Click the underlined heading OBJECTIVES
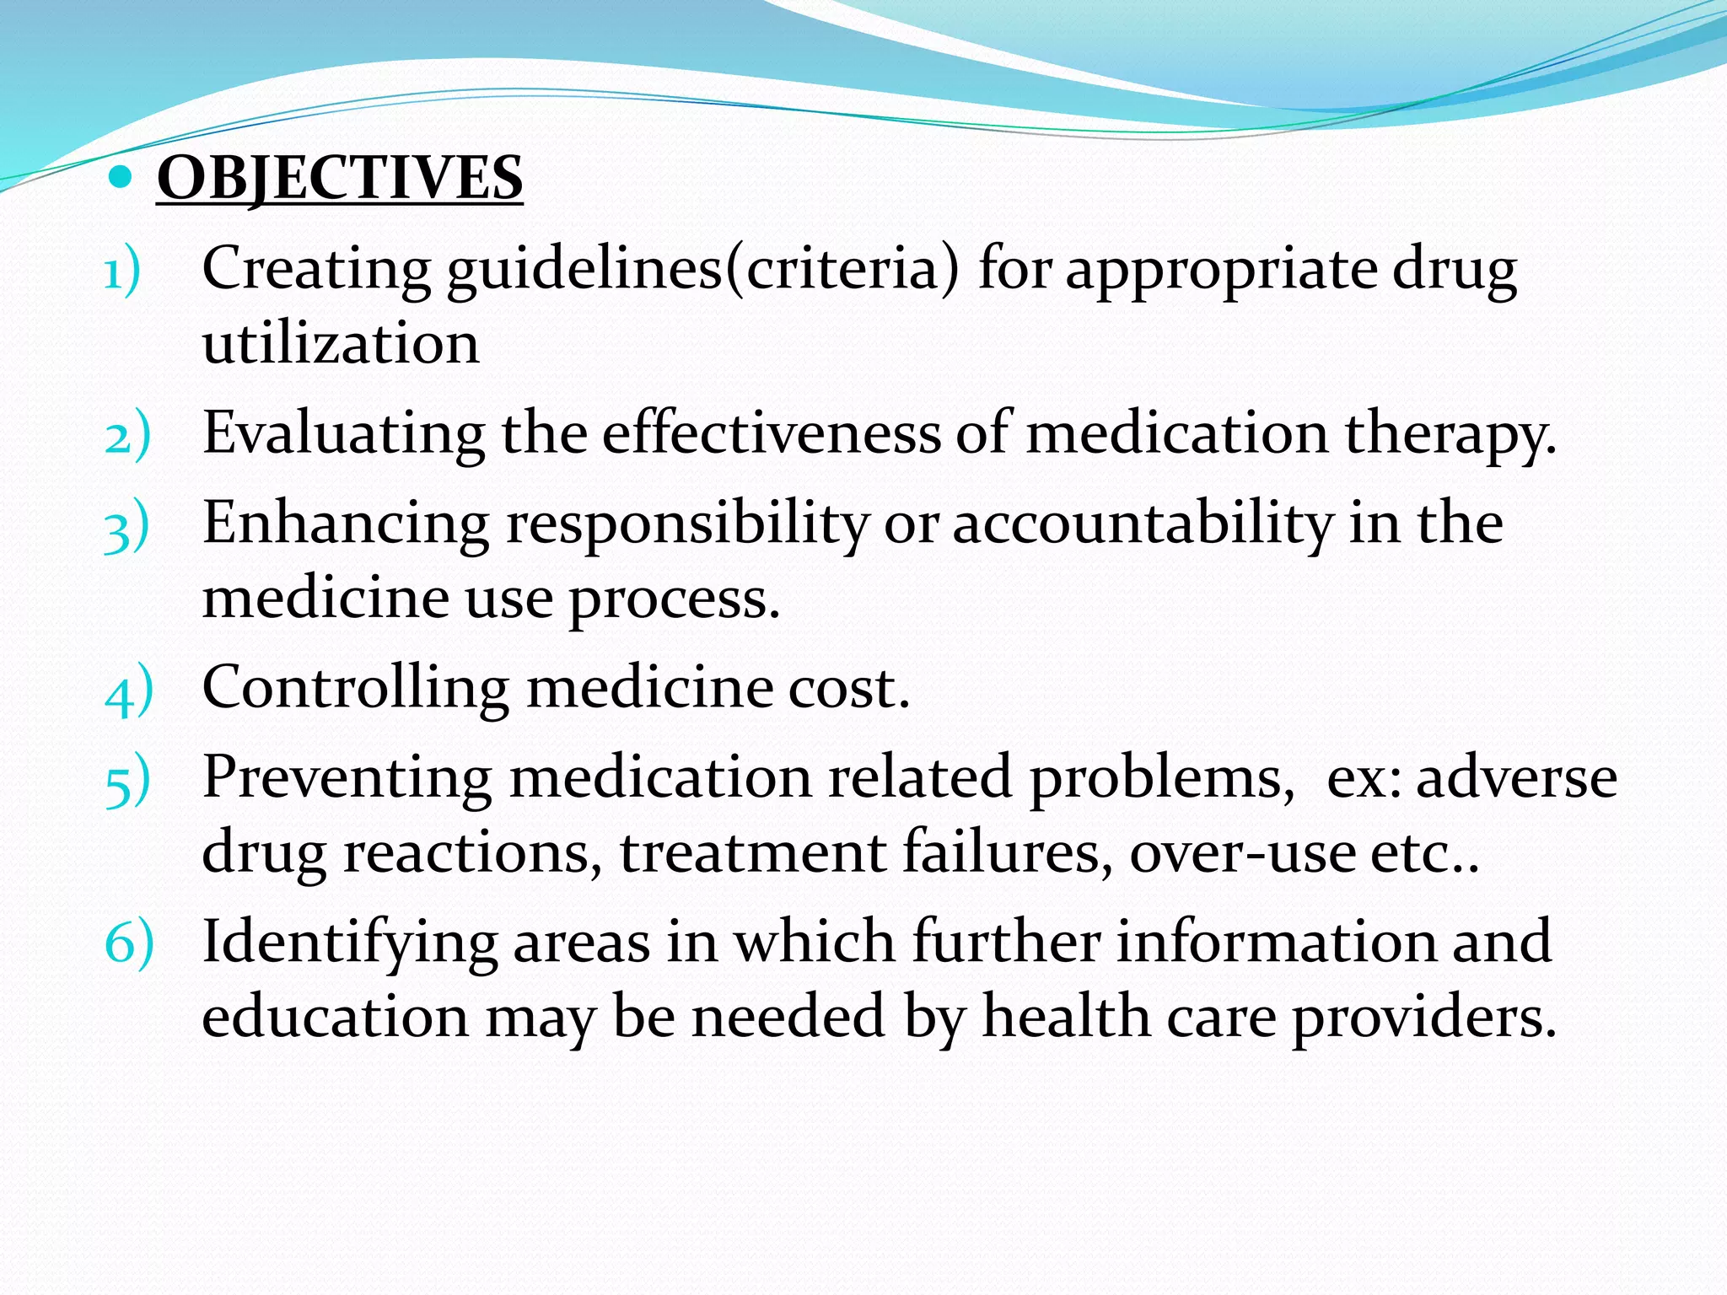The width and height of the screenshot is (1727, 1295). [339, 178]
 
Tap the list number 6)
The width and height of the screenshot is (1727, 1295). [129, 943]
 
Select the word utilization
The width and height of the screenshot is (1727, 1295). [341, 344]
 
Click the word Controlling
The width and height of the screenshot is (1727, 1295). [355, 687]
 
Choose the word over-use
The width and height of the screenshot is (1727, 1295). [1242, 852]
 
